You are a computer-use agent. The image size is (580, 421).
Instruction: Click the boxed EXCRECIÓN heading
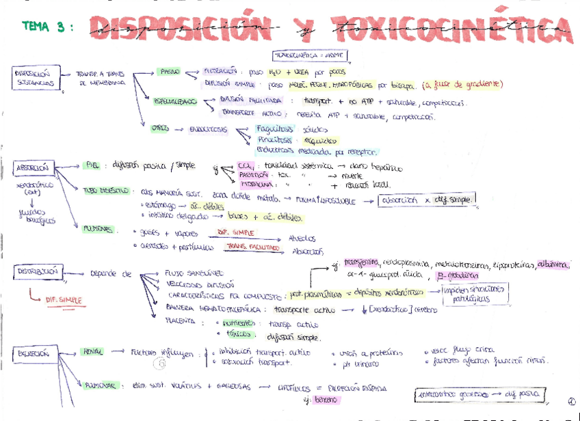[34, 354]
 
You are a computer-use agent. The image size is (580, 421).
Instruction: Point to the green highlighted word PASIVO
[170, 71]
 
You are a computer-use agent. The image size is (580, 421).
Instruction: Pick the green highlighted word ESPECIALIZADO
[175, 102]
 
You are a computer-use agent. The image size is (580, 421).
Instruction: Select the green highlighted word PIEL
[92, 165]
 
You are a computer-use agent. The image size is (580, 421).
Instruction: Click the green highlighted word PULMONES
[98, 229]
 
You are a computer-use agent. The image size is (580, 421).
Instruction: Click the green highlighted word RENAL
[93, 353]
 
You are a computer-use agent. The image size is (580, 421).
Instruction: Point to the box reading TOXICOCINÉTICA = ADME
[310, 55]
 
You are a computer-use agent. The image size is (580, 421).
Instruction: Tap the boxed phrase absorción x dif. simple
[427, 200]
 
